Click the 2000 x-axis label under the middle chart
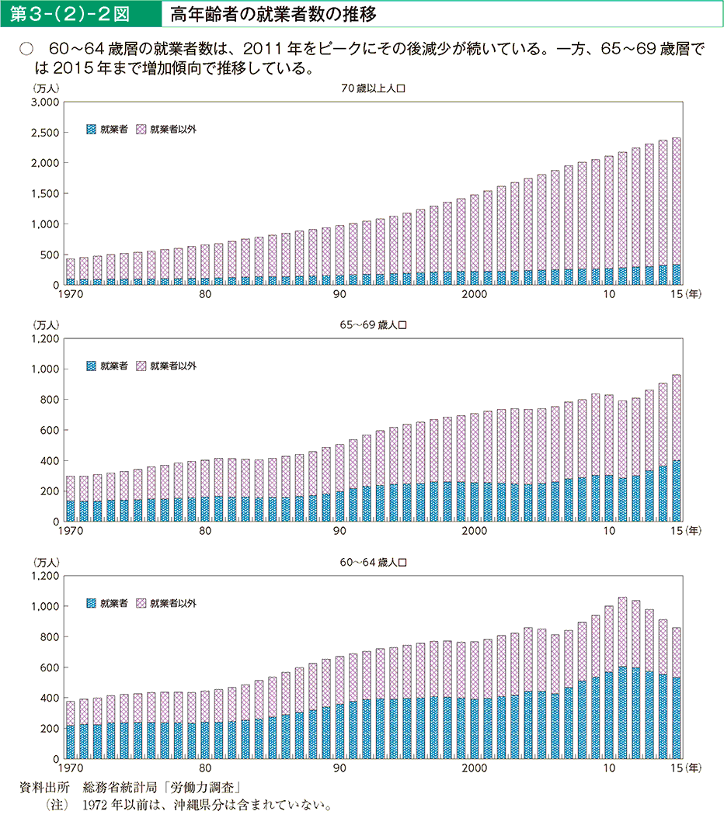[474, 531]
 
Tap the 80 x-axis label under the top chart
[204, 294]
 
